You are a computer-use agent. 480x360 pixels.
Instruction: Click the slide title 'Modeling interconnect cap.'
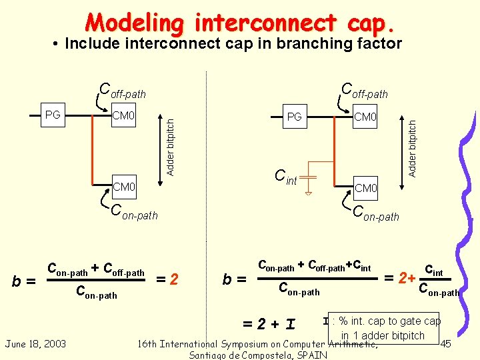tap(244, 23)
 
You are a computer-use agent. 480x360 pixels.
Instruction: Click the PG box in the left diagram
tap(53, 115)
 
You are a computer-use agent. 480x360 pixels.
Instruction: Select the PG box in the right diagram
tap(294, 117)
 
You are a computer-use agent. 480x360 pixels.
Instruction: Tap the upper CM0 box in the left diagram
tap(123, 117)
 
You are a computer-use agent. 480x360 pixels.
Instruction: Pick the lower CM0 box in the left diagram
tap(123, 186)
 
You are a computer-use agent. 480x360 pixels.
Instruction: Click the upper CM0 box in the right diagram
tap(365, 117)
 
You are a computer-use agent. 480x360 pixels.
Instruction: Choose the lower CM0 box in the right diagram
tap(365, 188)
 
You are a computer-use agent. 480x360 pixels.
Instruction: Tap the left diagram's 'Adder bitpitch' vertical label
tap(171, 147)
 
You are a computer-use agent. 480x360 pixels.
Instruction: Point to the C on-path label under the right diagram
tap(376, 214)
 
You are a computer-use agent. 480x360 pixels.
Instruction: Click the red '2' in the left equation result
tap(174, 278)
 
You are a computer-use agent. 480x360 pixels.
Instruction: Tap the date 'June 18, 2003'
tap(35, 343)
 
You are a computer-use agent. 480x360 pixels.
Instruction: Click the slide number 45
tap(447, 343)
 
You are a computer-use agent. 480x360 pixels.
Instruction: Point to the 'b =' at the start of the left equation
tap(25, 281)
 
